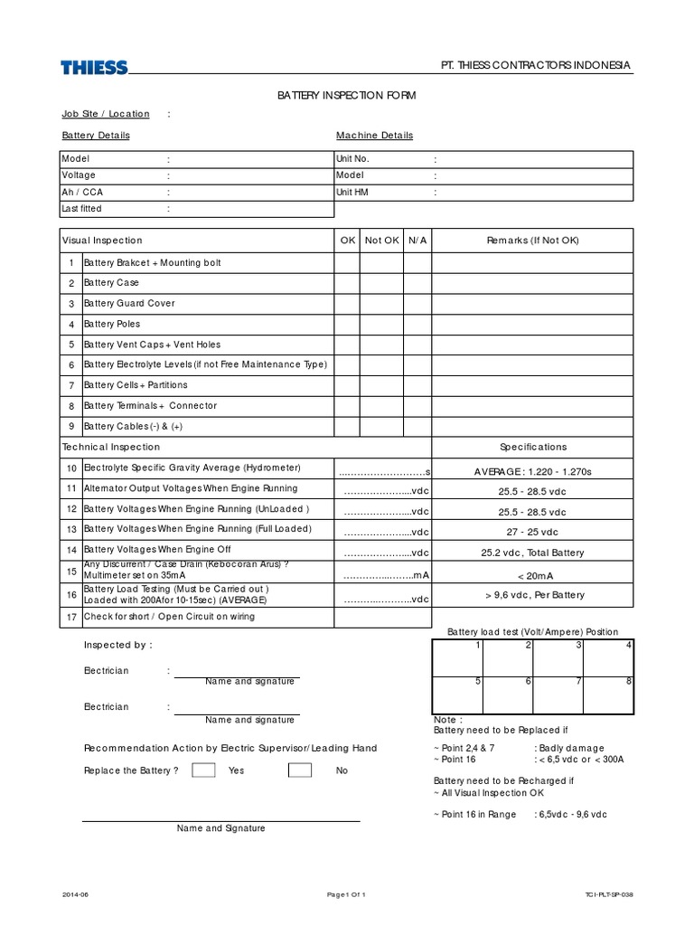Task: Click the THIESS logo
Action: coord(94,68)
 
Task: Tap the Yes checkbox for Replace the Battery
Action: coord(204,770)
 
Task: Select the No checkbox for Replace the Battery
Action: coord(300,770)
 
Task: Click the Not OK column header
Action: coord(381,241)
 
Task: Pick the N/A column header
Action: coord(417,241)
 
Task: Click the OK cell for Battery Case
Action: coord(347,283)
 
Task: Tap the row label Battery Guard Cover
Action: coord(129,304)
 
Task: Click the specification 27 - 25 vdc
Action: coord(532,533)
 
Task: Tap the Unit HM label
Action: coord(352,193)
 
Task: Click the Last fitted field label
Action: coord(81,209)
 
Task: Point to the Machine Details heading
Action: coord(374,136)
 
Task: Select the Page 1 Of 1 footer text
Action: coord(346,894)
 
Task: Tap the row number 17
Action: coord(71,617)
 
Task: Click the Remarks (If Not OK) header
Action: coord(532,241)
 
